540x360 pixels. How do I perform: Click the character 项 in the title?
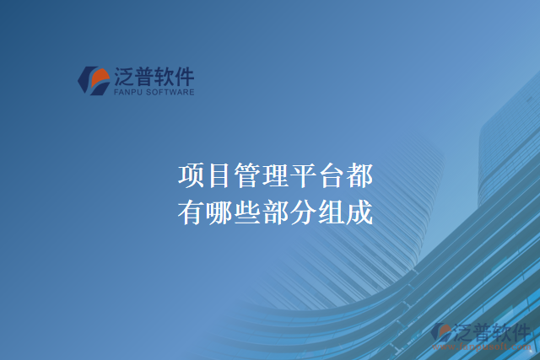click(192, 176)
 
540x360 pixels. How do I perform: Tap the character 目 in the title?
click(219, 176)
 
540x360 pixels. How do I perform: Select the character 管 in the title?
click(247, 176)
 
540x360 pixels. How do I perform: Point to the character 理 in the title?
click(275, 176)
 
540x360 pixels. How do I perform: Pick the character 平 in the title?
click(303, 176)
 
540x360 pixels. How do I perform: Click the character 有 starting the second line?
click(192, 211)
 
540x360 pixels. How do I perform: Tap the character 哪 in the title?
click(219, 211)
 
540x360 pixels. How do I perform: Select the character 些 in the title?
click(247, 211)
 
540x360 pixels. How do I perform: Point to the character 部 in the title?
click(275, 211)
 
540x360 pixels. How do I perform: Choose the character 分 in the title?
click(303, 211)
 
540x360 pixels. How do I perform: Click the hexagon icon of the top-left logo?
click(93, 80)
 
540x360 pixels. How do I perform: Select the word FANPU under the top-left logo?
click(127, 92)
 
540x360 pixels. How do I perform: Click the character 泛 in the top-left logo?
click(124, 78)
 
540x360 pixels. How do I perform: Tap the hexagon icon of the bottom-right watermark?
click(441, 333)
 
